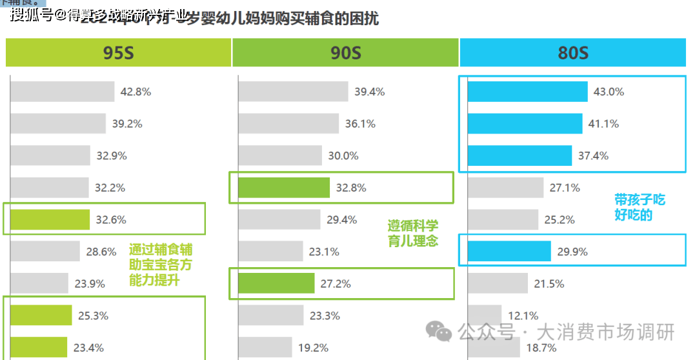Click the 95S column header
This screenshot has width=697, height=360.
[118, 52]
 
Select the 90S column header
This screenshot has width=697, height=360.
[345, 52]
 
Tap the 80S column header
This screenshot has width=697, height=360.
[573, 52]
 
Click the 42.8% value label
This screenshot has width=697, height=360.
[136, 92]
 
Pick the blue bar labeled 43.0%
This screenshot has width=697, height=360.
[527, 92]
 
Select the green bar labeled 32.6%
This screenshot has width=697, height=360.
[50, 219]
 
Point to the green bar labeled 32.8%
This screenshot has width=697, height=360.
[284, 188]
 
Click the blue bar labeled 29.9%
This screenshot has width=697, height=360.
[509, 252]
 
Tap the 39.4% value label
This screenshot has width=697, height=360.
[369, 92]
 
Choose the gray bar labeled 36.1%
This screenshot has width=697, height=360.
[288, 124]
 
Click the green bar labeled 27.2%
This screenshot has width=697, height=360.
[276, 283]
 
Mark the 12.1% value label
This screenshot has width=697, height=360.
[523, 315]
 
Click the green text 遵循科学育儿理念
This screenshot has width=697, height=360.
[412, 233]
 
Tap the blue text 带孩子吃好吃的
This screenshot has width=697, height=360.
[639, 207]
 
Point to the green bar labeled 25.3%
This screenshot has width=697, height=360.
[41, 315]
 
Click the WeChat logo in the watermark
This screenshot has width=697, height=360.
[443, 332]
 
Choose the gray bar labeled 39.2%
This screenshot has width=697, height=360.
[58, 123]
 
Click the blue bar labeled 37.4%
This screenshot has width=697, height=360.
[520, 155]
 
